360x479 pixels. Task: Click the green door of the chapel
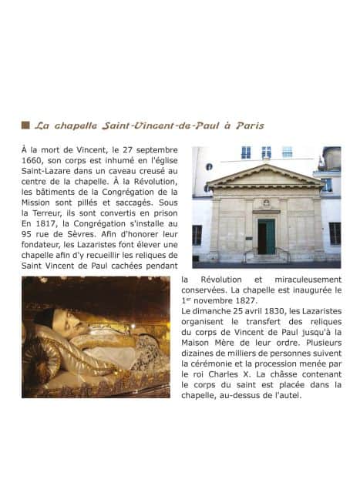[266, 236]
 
